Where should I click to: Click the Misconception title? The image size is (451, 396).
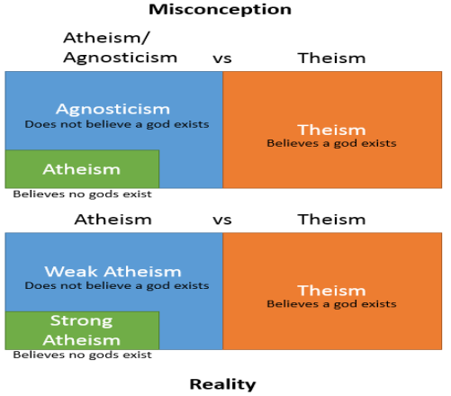tap(220, 9)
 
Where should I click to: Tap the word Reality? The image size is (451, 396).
tap(222, 384)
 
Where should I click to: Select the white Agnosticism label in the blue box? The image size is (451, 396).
tap(113, 109)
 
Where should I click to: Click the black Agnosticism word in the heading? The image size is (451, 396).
tap(120, 58)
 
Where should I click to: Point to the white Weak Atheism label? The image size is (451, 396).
tap(113, 272)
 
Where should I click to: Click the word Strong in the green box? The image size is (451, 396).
tap(81, 321)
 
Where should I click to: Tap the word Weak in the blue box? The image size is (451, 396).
tap(71, 272)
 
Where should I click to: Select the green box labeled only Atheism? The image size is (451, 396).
tap(82, 169)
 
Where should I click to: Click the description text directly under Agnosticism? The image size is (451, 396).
tap(117, 124)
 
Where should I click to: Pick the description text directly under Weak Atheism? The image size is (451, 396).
tap(117, 285)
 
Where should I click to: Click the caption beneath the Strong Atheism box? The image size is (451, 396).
tap(82, 355)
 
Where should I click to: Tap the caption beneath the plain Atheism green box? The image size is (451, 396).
tap(82, 194)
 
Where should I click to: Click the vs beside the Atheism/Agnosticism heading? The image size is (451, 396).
tap(222, 58)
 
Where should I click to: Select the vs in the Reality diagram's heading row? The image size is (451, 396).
tap(222, 220)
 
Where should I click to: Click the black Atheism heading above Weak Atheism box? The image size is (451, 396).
tap(113, 220)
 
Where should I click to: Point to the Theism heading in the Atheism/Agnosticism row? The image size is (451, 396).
tap(331, 58)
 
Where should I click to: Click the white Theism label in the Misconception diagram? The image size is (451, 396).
tap(331, 130)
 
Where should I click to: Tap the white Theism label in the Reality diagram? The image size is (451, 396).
tap(331, 291)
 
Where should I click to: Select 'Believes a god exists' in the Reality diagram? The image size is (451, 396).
tap(331, 304)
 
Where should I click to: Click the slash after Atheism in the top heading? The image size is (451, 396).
tap(145, 38)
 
